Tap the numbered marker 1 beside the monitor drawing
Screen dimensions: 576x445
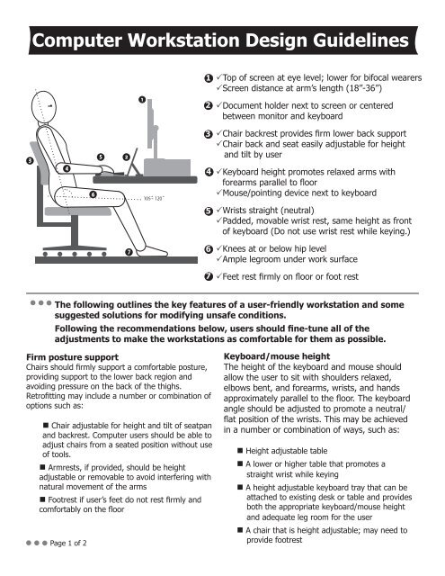pos(141,97)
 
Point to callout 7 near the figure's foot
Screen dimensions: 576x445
pos(129,251)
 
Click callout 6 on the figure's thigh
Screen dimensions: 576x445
pos(93,194)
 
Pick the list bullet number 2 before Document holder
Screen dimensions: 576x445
pos(208,105)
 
